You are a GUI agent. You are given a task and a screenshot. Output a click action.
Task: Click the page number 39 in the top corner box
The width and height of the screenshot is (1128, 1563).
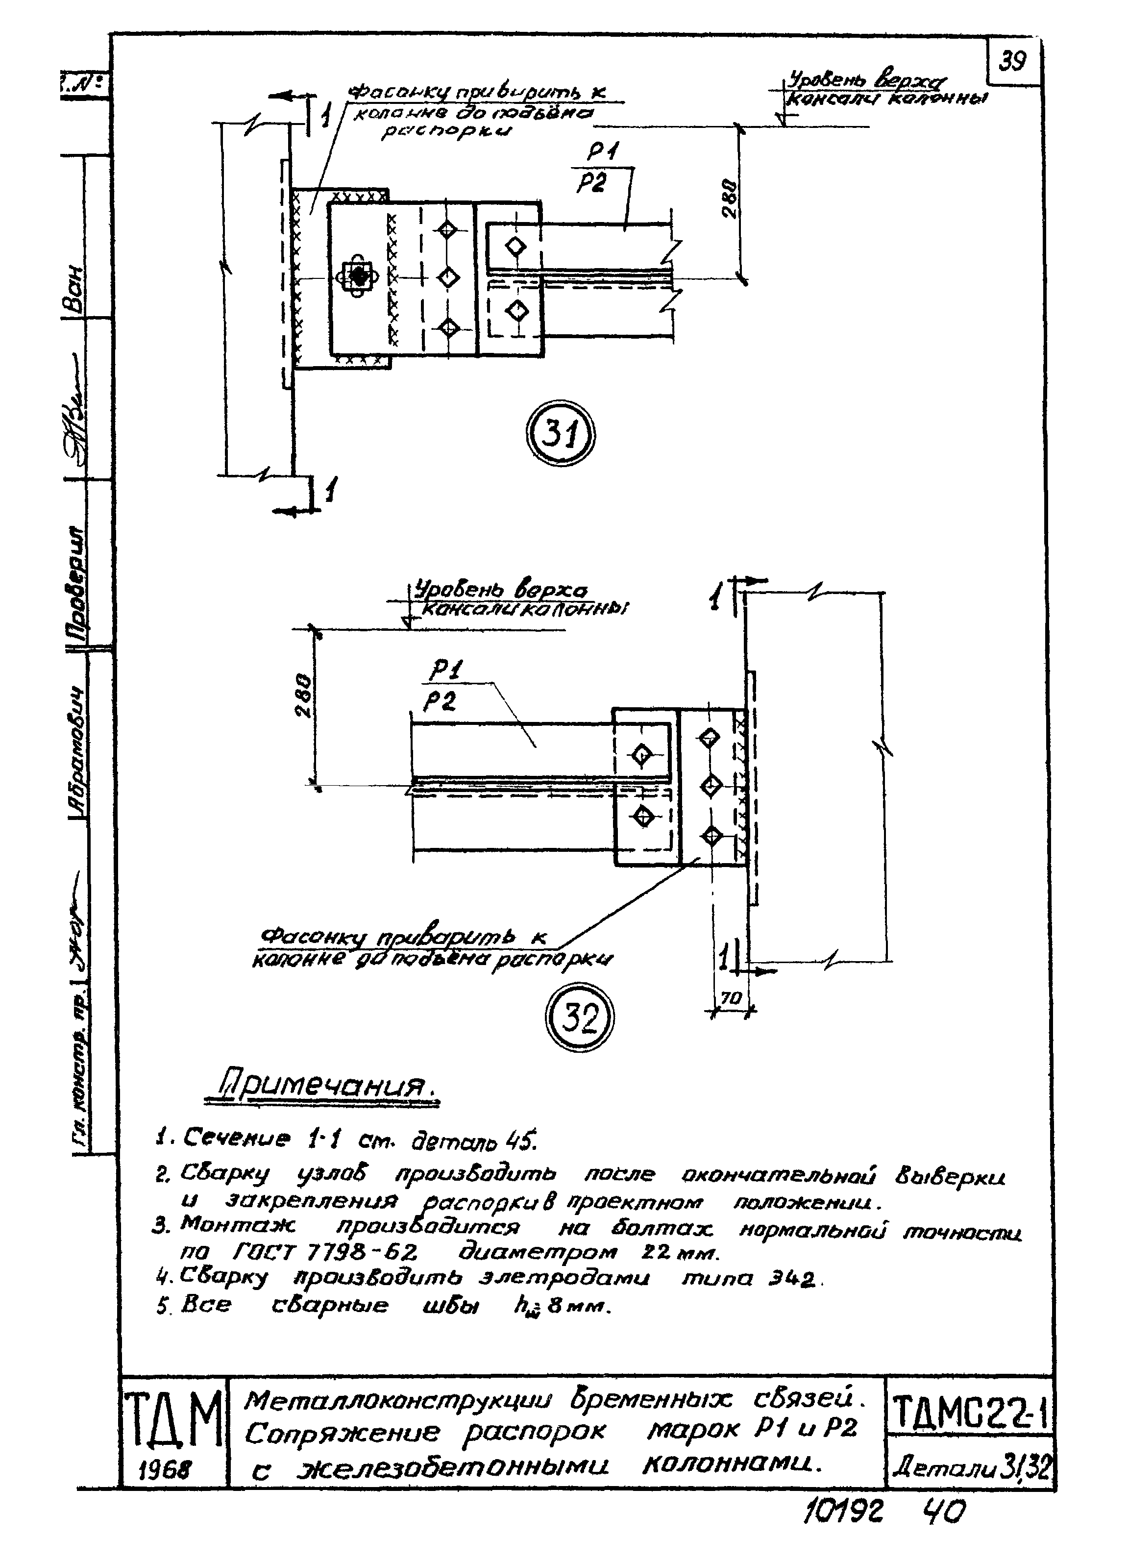click(1013, 62)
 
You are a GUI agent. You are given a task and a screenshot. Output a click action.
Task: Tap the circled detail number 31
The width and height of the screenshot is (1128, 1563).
click(560, 436)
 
